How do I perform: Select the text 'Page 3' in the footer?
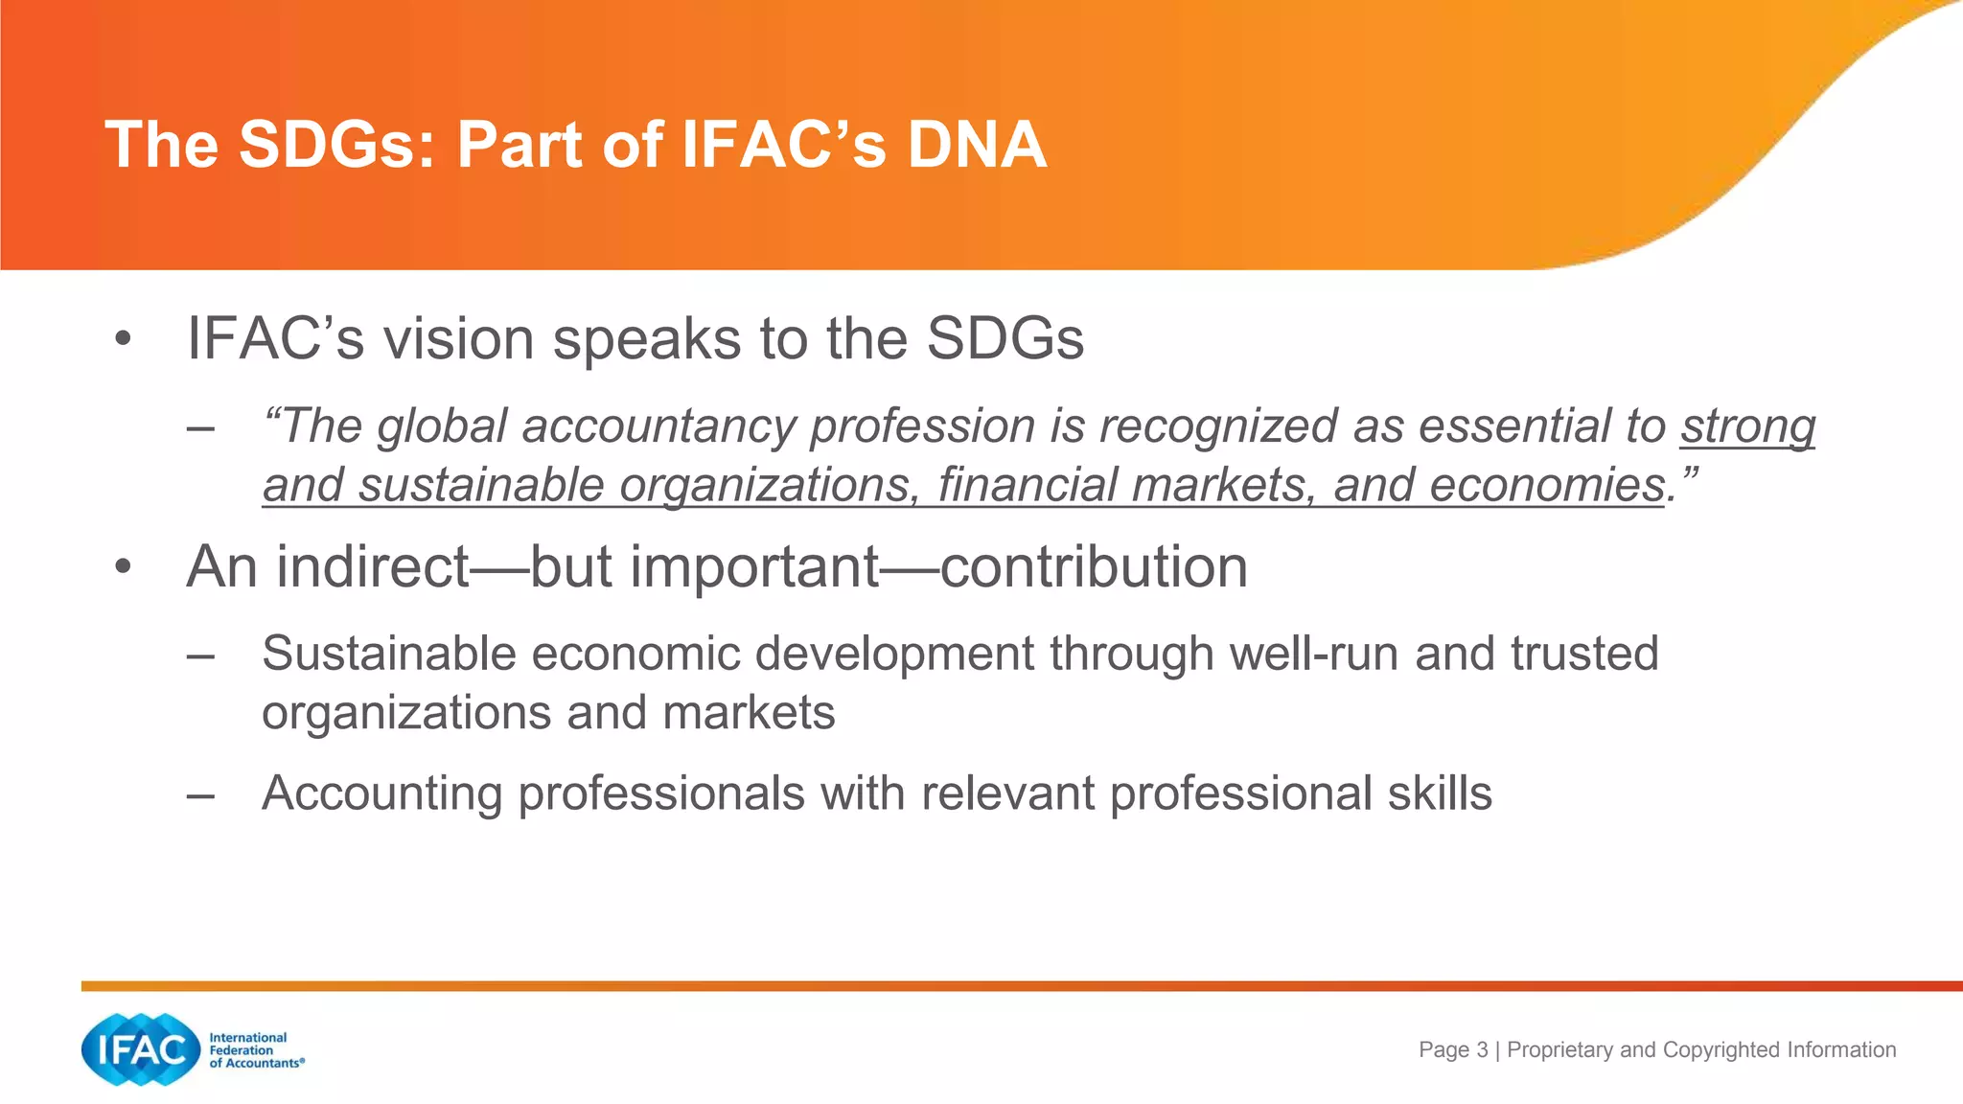point(1453,1049)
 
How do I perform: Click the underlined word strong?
point(1747,426)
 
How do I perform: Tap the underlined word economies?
point(1546,485)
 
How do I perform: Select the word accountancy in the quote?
point(658,426)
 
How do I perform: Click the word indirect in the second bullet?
point(373,567)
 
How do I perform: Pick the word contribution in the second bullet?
point(1094,567)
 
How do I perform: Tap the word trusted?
point(1584,655)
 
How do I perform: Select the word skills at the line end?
point(1440,793)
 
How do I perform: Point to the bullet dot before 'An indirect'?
point(122,567)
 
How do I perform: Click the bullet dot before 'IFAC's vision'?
point(122,339)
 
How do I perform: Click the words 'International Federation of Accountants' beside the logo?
point(255,1050)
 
